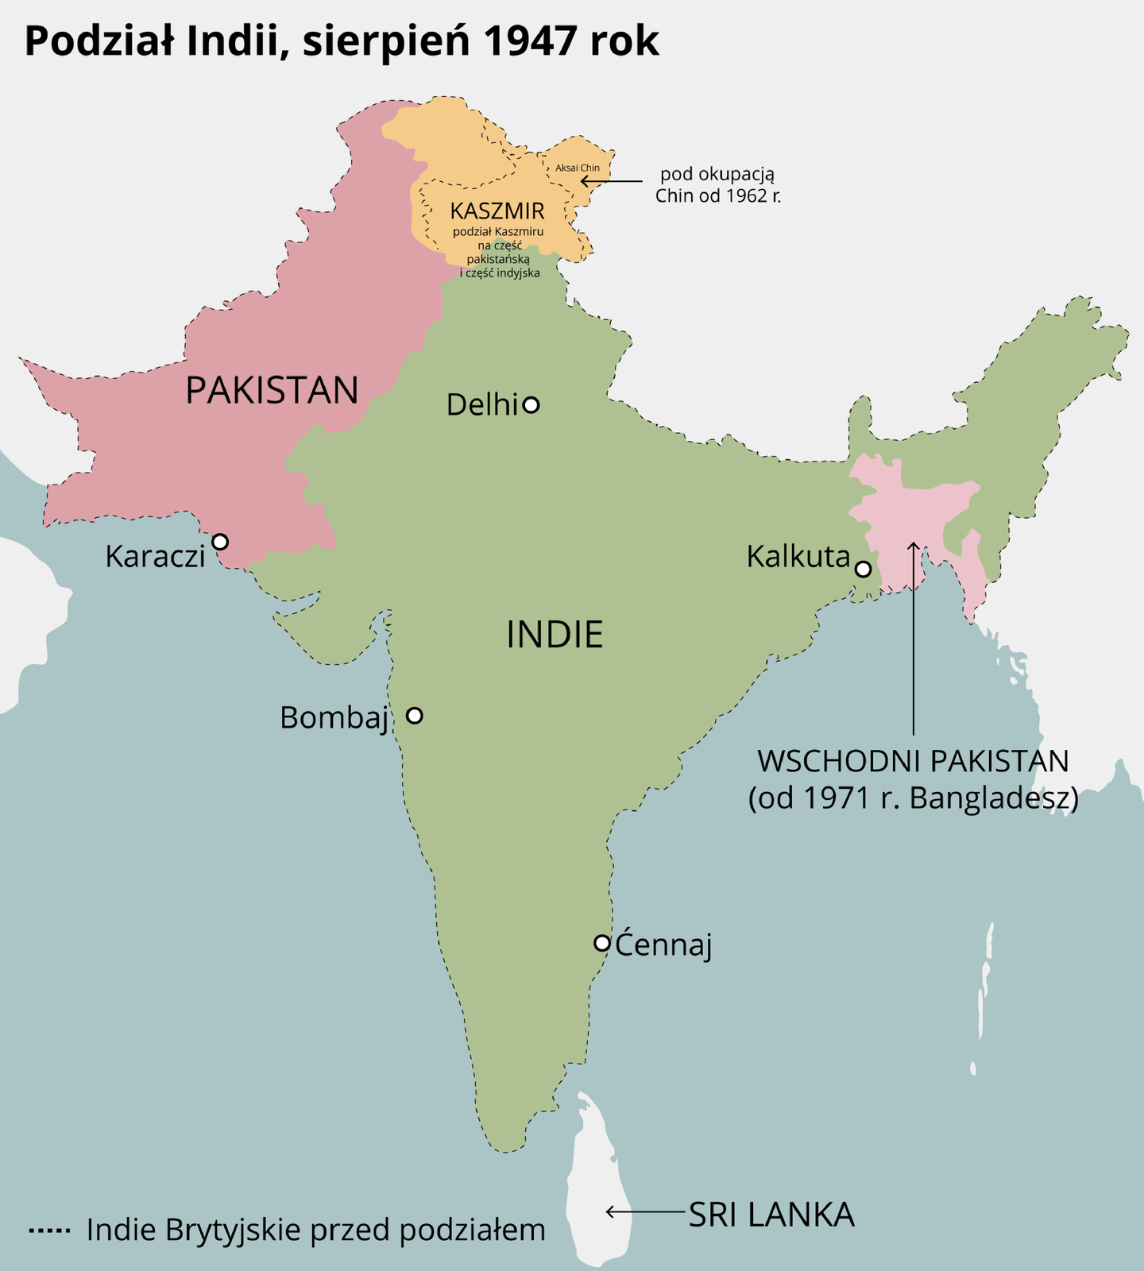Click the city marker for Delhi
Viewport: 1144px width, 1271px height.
click(x=531, y=405)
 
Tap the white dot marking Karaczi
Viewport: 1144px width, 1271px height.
click(x=220, y=542)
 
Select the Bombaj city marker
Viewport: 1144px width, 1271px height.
click(x=414, y=716)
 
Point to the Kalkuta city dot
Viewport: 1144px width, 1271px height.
click(x=863, y=570)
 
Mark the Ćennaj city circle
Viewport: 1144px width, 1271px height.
click(x=602, y=943)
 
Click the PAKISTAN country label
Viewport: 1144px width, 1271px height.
click(x=272, y=391)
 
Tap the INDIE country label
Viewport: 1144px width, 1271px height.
click(x=555, y=635)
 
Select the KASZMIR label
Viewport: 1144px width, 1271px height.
click(x=497, y=211)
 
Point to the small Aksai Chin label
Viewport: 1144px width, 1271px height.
click(x=578, y=168)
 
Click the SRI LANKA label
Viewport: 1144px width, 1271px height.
click(x=771, y=1215)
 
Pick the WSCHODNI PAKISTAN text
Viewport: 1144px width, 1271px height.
click(x=913, y=761)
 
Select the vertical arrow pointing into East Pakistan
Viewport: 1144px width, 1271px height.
click(x=914, y=635)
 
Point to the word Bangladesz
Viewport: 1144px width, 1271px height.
click(x=993, y=798)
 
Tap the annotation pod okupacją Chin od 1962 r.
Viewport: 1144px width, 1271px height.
click(x=718, y=184)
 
